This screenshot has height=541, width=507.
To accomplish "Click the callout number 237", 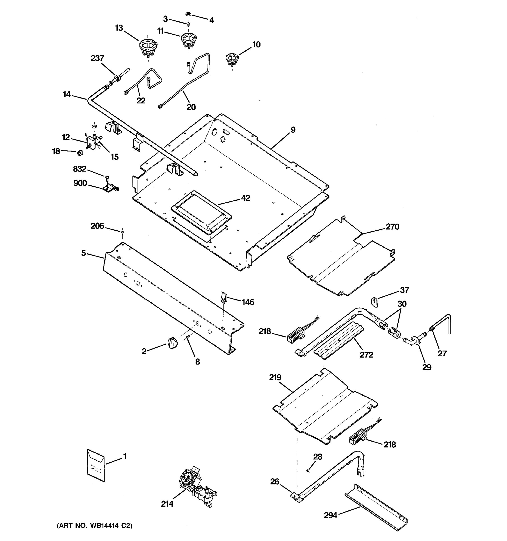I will pos(97,58).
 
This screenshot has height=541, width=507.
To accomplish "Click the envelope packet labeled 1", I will pos(96,465).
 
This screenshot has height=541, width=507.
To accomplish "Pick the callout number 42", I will pos(245,198).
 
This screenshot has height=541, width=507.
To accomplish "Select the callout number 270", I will pos(392,227).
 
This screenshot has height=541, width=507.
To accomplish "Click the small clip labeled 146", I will pos(224,297).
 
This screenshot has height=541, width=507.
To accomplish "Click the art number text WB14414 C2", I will pos(94,525).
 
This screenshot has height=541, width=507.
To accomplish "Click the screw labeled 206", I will pos(122,232).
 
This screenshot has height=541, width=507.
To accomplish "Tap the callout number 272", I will pos(366,355).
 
